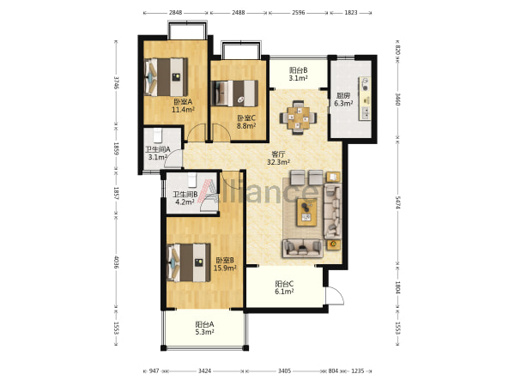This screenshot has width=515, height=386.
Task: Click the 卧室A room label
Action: [183, 102]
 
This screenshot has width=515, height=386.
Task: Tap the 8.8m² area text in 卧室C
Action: [246, 126]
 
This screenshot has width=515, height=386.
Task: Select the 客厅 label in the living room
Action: [278, 154]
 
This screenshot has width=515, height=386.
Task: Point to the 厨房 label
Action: [343, 96]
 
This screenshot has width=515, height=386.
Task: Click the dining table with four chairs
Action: [298, 118]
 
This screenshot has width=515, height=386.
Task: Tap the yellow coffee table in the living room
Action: [306, 213]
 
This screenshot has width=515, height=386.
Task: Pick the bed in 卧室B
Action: [189, 262]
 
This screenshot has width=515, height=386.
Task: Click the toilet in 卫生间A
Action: [158, 136]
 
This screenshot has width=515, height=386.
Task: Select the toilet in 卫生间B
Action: [192, 180]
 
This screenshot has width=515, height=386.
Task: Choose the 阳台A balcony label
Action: [204, 324]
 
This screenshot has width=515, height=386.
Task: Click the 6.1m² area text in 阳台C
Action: [284, 292]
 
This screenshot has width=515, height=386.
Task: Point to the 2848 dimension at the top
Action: [175, 13]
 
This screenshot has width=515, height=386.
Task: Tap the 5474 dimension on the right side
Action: [397, 202]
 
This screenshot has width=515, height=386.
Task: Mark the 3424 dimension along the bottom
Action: [204, 371]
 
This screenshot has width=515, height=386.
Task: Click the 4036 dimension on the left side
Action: [116, 262]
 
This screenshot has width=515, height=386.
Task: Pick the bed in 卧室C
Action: [235, 93]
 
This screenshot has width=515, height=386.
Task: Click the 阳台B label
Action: [298, 70]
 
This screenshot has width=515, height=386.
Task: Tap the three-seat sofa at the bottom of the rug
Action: [303, 249]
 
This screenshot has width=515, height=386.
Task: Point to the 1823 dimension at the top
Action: [351, 13]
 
